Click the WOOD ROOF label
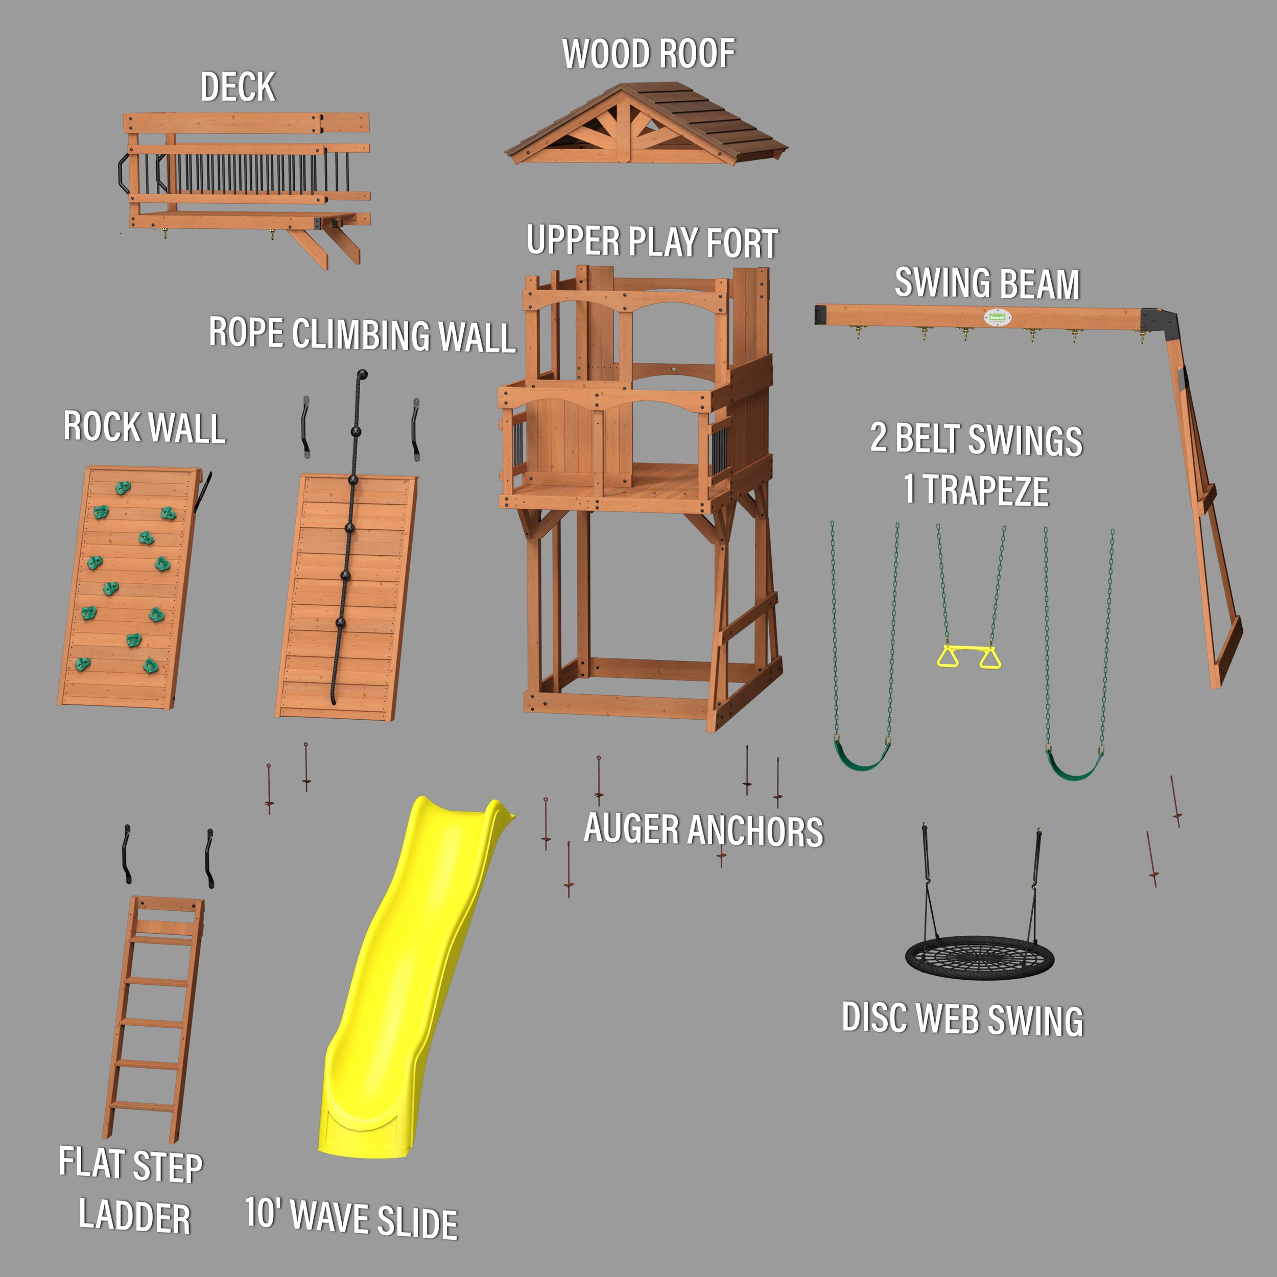(648, 54)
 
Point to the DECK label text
(238, 87)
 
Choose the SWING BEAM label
(987, 283)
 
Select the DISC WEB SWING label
(962, 1019)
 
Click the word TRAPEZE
(985, 490)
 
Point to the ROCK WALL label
(144, 427)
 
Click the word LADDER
(134, 1217)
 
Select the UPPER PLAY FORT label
(652, 242)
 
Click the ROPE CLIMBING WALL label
(362, 335)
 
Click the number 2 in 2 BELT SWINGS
(879, 438)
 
